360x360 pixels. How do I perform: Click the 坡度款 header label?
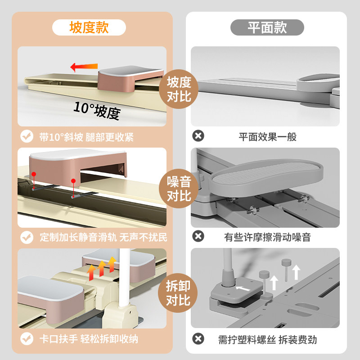(89, 27)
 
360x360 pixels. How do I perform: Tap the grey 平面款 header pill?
(267, 27)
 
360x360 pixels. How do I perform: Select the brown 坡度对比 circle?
(179, 89)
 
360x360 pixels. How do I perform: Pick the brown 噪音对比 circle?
(179, 189)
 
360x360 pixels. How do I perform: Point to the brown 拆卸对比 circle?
(179, 292)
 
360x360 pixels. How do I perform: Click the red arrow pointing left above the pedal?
(84, 67)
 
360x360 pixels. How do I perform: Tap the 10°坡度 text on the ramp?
(97, 110)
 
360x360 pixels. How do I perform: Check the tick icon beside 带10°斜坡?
(27, 136)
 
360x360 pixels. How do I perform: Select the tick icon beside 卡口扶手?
(27, 339)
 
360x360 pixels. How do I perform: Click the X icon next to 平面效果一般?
(198, 136)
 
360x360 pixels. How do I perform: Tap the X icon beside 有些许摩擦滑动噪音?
(198, 236)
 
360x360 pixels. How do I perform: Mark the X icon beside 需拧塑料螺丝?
(198, 339)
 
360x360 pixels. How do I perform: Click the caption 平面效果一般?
(267, 137)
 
